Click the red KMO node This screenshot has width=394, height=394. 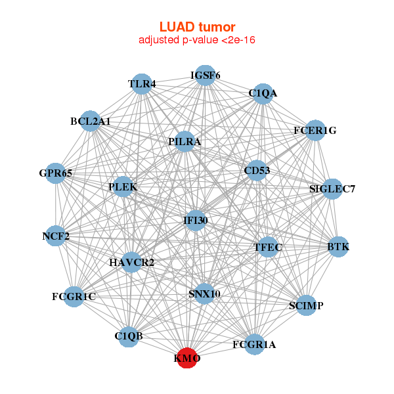tap(187, 358)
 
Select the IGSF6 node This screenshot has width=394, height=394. tap(206, 76)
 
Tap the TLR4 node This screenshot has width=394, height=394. tap(142, 84)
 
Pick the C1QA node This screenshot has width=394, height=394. tap(263, 94)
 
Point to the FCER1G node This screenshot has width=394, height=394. tap(315, 131)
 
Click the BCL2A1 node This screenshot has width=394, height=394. tap(90, 121)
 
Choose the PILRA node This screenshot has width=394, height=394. tap(185, 141)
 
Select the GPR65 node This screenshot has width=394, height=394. tap(56, 173)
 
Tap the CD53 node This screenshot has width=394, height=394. tap(257, 170)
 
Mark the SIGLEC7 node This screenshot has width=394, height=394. tap(332, 189)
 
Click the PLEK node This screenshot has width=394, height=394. tap(123, 186)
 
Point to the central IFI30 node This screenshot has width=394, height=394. tap(196, 221)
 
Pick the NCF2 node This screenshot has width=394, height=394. tap(56, 236)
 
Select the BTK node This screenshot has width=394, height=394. tap(338, 247)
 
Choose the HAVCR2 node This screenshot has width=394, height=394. tap(131, 262)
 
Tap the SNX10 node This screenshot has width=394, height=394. tap(204, 294)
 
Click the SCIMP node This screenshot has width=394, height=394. tap(306, 305)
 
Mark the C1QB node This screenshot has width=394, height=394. tap(129, 337)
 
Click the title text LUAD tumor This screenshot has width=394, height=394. tap(197, 27)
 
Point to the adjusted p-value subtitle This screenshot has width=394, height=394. tap(197, 40)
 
